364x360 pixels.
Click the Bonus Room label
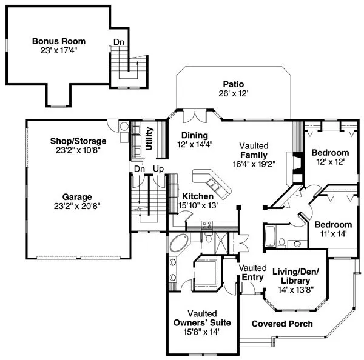coord(59,41)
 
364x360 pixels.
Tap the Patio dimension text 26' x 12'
coord(232,93)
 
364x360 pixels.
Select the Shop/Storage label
coord(78,141)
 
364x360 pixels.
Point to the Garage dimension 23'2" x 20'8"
coord(77,205)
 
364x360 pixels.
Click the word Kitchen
coord(198,196)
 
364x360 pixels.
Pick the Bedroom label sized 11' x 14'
coord(333,224)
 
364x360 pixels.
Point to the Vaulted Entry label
coord(252,272)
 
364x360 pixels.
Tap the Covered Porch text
coord(282,324)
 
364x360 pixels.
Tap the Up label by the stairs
coord(158,168)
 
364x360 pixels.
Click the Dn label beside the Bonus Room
coord(119,42)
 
